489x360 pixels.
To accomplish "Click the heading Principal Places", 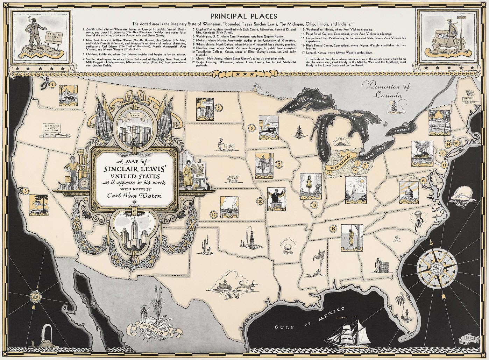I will (243, 16).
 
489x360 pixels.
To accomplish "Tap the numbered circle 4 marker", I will (53, 84).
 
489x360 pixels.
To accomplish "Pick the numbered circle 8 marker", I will (219, 108).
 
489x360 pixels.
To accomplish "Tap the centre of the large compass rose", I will (437, 269).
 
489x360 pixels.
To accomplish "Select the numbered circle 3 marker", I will (26, 191).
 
